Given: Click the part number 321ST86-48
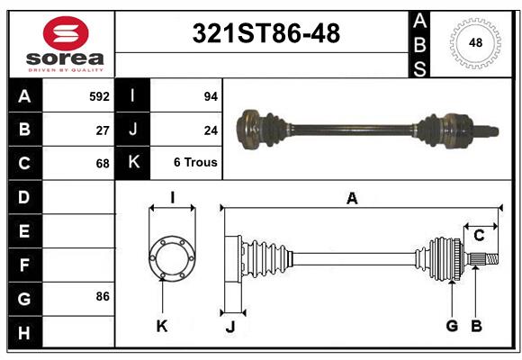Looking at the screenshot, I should coord(267,33).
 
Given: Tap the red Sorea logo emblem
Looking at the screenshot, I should coord(65,33).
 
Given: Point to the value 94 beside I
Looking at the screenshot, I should coord(211,95).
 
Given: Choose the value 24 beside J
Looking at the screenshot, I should coord(211,130).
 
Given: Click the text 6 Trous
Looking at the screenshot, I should coord(195,163).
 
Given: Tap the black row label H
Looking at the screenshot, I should coord(23,332).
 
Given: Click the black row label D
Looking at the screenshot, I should coord(23,197).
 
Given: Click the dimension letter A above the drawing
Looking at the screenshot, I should coord(352,199).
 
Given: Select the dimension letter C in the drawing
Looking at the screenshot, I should coord(479,235).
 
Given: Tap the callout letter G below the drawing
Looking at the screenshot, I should coord(452,326).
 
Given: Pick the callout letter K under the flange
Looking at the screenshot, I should coord(162,326).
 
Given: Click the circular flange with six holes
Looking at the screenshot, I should coord(171,257).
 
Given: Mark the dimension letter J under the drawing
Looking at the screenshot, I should coord(229,326).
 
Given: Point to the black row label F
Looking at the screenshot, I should coord(23,265).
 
